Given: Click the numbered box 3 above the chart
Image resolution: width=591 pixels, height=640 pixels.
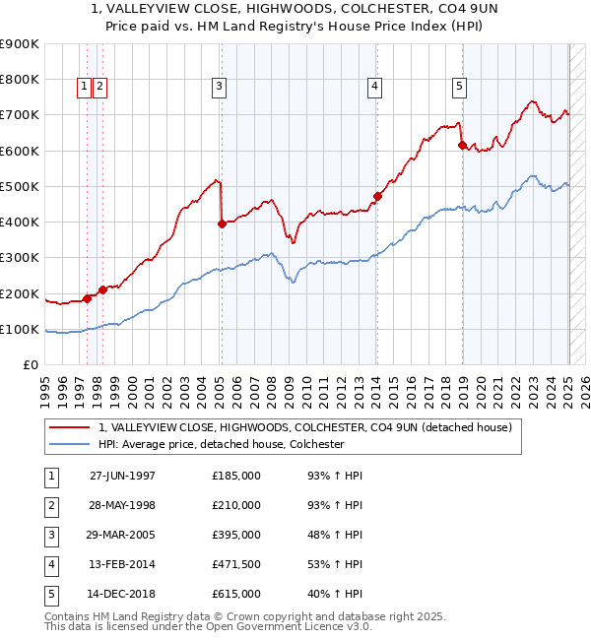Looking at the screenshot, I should pyautogui.click(x=219, y=87).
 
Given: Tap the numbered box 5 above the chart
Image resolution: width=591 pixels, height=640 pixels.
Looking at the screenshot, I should pyautogui.click(x=460, y=87).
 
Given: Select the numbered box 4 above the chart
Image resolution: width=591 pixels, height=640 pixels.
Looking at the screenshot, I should pyautogui.click(x=375, y=87).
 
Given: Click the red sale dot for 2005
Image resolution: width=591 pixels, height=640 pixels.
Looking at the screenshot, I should pyautogui.click(x=222, y=224).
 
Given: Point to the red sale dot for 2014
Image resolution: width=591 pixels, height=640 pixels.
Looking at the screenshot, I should pyautogui.click(x=377, y=196).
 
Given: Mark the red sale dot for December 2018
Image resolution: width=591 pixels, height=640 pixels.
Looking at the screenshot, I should pyautogui.click(x=462, y=145).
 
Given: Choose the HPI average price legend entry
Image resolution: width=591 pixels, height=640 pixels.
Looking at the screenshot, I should pyautogui.click(x=220, y=444).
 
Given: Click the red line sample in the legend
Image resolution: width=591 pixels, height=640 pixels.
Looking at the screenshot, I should pyautogui.click(x=69, y=428).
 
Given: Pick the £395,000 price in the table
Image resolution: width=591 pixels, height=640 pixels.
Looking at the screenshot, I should pyautogui.click(x=236, y=535).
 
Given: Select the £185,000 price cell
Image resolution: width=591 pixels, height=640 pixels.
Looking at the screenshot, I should pyautogui.click(x=236, y=476).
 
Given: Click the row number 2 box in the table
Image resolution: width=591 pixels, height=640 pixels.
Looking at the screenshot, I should pyautogui.click(x=50, y=505).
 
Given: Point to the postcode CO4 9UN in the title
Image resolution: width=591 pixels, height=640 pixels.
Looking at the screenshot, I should pyautogui.click(x=425, y=9).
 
